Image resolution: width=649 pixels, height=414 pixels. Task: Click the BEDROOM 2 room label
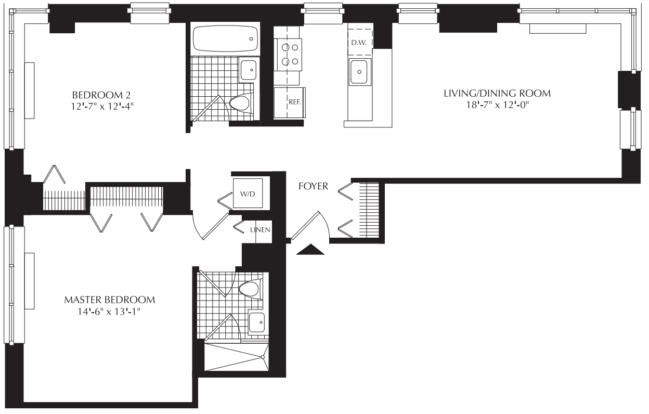coord(101,95)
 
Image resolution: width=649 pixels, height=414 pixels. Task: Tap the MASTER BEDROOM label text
coord(110,300)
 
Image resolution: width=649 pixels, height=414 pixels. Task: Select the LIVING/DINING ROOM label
coord(497,93)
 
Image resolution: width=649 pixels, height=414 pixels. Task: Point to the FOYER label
coord(313,186)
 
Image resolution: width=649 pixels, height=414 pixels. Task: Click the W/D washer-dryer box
coord(248,193)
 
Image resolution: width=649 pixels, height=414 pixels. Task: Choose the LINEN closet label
coord(260,230)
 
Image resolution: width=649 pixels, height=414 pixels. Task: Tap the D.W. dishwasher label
coord(359,43)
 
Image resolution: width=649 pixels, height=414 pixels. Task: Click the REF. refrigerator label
coord(295,102)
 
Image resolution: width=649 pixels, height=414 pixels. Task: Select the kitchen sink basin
coord(360,72)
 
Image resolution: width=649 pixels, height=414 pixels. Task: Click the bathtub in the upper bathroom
coord(225,39)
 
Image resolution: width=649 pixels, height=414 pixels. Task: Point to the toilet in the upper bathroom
coord(241,103)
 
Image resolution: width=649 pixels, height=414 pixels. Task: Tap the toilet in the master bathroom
coord(251,289)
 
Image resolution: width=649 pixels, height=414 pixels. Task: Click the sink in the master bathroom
coord(256,322)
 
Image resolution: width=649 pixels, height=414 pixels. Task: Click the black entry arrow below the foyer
coord(310,249)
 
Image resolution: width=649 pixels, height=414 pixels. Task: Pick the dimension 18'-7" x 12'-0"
coord(497,105)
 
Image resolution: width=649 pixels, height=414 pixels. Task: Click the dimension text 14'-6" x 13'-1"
coord(109,312)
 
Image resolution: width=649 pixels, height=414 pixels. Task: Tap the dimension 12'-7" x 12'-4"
coord(102,107)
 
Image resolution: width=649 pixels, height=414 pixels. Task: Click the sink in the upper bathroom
coord(248,70)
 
